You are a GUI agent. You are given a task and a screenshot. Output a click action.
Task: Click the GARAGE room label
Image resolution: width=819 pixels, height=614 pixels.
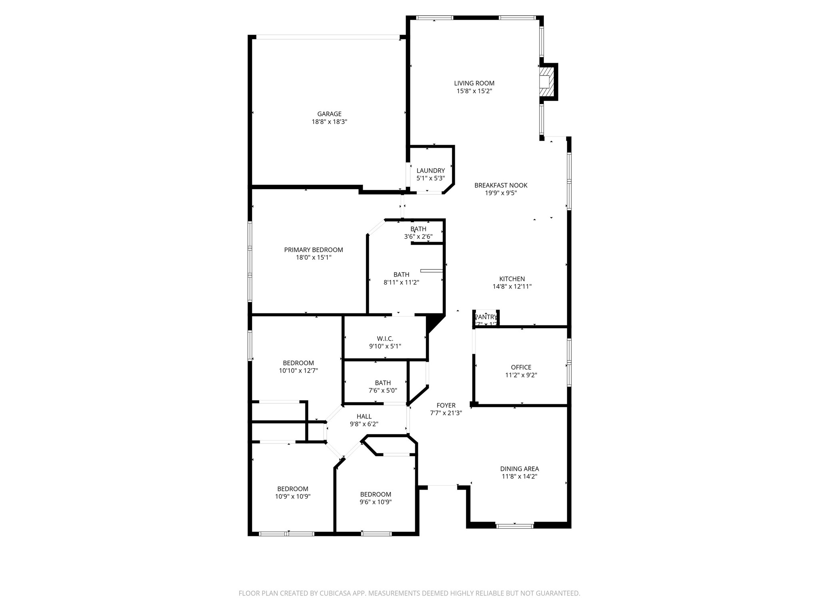tap(329, 114)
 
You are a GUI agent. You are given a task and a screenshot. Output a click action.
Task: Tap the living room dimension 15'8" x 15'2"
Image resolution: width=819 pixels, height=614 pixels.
tap(474, 91)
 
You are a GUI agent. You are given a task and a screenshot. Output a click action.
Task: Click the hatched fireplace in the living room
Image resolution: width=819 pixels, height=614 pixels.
tap(546, 82)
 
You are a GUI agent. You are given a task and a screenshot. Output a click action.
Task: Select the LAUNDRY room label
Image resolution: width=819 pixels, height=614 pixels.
tap(430, 171)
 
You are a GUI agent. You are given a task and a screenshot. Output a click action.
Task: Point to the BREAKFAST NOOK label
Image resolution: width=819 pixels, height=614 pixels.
tap(501, 185)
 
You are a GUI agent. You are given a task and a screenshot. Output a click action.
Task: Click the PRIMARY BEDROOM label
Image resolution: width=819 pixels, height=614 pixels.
tap(313, 250)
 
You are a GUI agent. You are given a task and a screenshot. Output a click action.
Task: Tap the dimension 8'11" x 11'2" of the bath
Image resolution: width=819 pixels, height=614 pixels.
tap(401, 282)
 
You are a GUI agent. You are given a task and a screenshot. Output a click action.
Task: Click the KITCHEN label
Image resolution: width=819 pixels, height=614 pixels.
tap(512, 279)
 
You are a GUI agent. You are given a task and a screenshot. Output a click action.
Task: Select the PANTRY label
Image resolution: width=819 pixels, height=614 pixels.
tap(485, 317)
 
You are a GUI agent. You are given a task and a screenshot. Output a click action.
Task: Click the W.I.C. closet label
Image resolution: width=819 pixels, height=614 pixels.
tap(385, 339)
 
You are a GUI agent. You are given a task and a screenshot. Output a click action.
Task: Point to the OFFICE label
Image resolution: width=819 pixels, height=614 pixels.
tap(521, 367)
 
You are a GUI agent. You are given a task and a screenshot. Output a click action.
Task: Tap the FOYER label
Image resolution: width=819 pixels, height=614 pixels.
tap(446, 405)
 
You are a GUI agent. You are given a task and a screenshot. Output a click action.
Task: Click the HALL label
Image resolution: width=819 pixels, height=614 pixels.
tap(364, 417)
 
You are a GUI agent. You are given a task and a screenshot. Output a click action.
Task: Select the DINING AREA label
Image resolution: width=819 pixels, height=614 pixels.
tap(519, 469)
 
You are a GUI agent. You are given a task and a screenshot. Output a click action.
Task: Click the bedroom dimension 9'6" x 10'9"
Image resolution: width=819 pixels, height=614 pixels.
tap(375, 502)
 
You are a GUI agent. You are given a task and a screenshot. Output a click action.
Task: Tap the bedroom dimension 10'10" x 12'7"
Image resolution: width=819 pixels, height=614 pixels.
tap(298, 371)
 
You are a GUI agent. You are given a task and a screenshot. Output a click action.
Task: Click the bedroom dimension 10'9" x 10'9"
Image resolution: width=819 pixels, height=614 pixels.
tap(293, 496)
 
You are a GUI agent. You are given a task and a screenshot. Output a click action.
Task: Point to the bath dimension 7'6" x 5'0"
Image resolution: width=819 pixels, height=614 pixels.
tap(383, 391)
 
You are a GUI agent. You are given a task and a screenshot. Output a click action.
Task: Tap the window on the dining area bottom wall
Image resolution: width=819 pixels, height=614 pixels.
tap(514, 526)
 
